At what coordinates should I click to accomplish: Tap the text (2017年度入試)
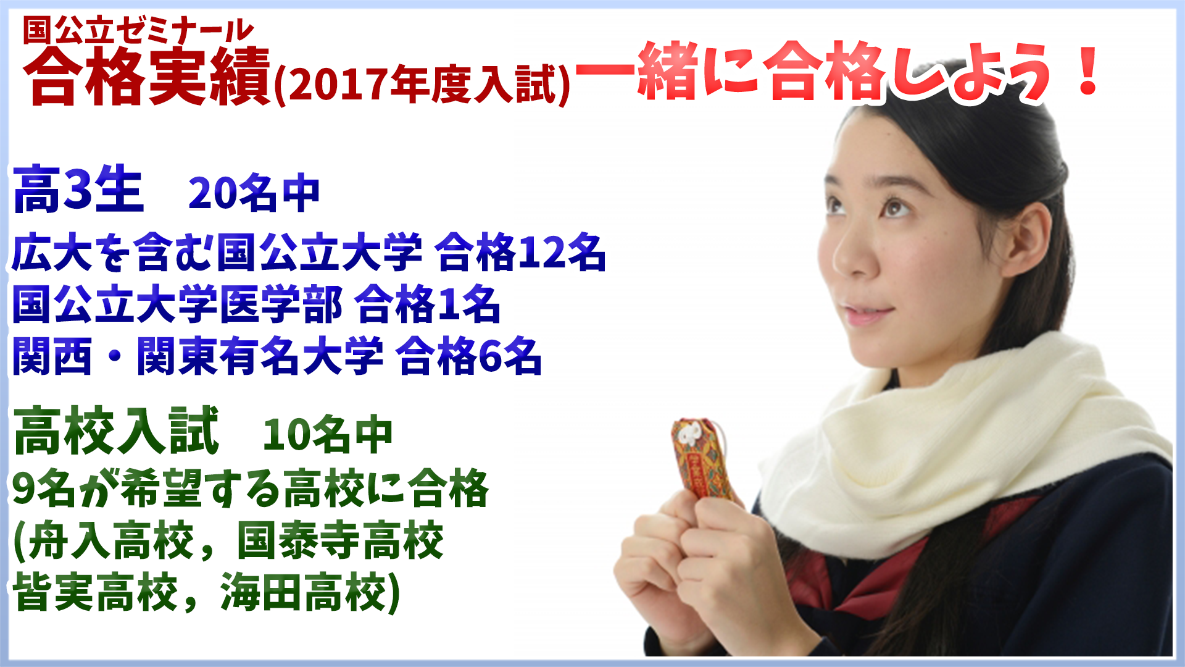click(422, 83)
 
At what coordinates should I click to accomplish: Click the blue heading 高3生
click(78, 190)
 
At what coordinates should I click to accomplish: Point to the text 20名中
click(254, 193)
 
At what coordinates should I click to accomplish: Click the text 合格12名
click(520, 252)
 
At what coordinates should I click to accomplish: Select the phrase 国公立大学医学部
click(178, 304)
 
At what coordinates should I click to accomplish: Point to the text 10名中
click(328, 435)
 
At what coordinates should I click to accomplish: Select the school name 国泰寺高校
click(341, 540)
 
